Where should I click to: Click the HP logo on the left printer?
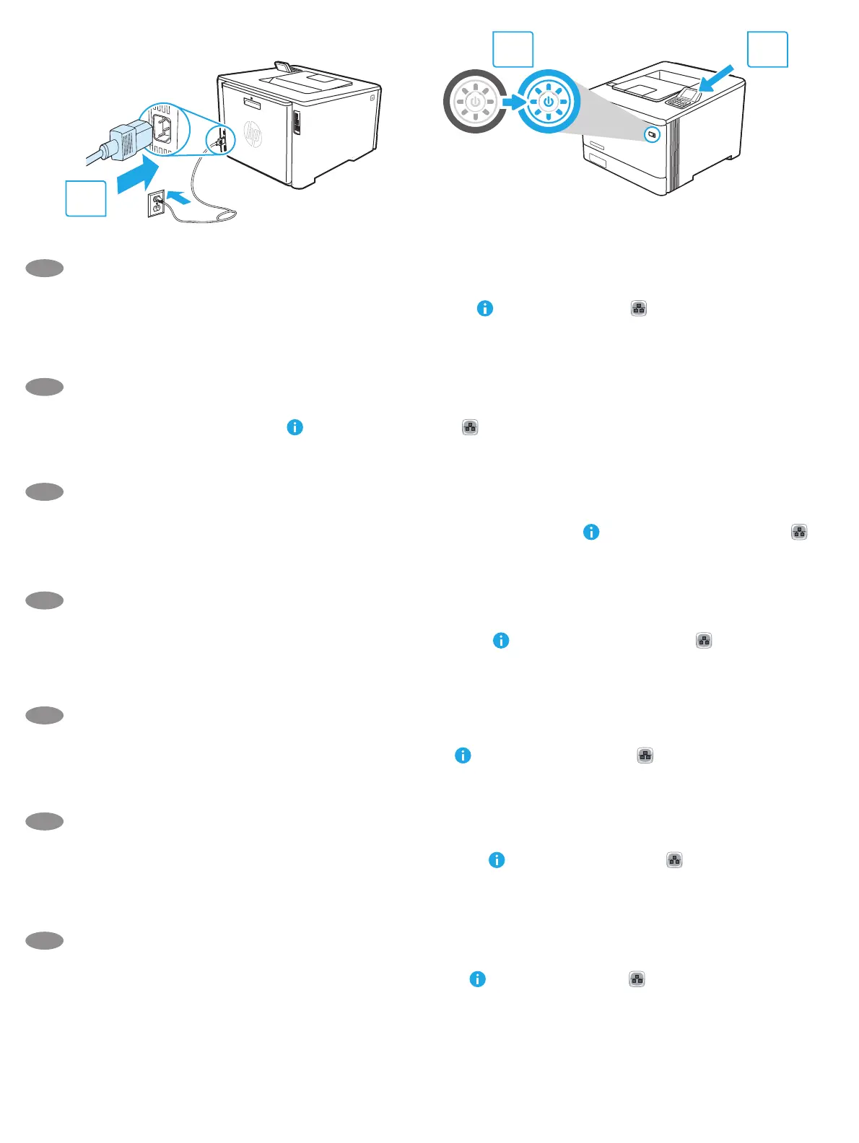pos(252,135)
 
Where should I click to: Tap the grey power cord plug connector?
pos(128,139)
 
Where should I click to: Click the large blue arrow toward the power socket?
pos(137,177)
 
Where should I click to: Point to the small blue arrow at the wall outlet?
pos(180,196)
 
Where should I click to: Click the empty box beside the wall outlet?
pos(86,198)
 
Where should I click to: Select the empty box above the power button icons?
pos(513,49)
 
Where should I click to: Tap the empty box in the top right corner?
pos(767,49)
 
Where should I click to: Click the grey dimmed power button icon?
pos(475,102)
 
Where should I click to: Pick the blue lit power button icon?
pos(549,102)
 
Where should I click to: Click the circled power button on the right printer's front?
pos(652,134)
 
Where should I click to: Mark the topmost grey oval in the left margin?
pos(44,268)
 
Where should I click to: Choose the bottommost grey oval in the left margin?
pos(44,940)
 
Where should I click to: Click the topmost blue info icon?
pos(485,308)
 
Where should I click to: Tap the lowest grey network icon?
pos(637,979)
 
